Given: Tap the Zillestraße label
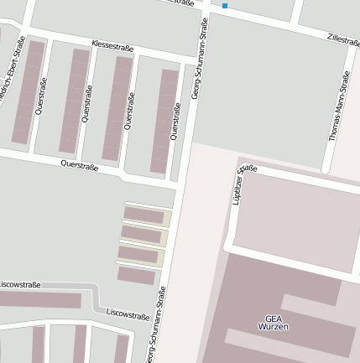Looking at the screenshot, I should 343,39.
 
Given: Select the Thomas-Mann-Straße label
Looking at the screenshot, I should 339,106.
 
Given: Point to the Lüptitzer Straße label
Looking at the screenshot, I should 243,184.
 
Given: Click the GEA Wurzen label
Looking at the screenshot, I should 274,323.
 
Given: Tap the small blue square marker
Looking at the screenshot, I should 225,6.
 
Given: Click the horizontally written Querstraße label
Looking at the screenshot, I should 80,166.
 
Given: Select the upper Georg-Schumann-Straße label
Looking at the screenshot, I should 200,59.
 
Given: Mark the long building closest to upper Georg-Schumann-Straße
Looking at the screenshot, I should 164,121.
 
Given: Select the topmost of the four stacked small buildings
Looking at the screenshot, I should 144,215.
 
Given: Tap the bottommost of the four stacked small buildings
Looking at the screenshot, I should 136,275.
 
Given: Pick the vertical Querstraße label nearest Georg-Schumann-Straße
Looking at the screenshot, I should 175,122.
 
